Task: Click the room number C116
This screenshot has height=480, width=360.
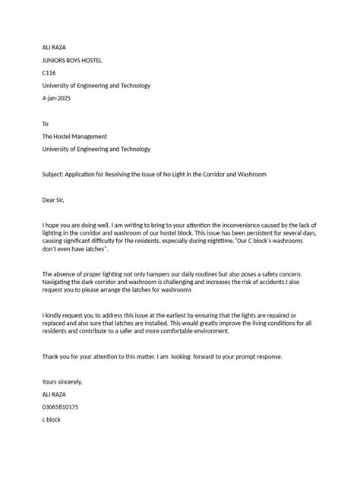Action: pyautogui.click(x=49, y=74)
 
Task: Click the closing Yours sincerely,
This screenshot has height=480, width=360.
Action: pyautogui.click(x=62, y=381)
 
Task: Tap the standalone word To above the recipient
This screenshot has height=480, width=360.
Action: pyautogui.click(x=45, y=124)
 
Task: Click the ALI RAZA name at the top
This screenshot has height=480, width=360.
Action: pyautogui.click(x=55, y=48)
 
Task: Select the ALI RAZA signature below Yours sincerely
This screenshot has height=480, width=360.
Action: pyautogui.click(x=55, y=394)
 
